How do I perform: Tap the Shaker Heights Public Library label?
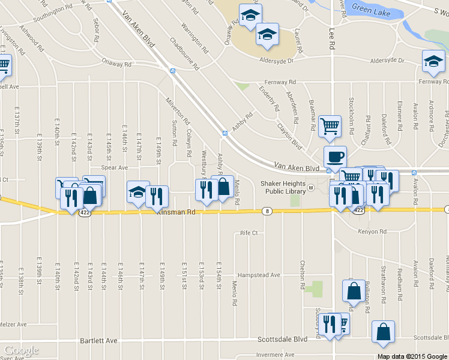(x=282, y=188)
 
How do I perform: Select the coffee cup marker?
(x=334, y=157)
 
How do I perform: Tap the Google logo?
(x=22, y=350)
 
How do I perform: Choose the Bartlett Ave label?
(x=98, y=340)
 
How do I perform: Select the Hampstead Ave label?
(x=259, y=275)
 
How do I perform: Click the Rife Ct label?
(x=249, y=232)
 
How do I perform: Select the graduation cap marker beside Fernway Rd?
(x=433, y=61)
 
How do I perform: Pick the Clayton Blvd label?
(x=289, y=136)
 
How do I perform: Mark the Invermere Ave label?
(x=274, y=355)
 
